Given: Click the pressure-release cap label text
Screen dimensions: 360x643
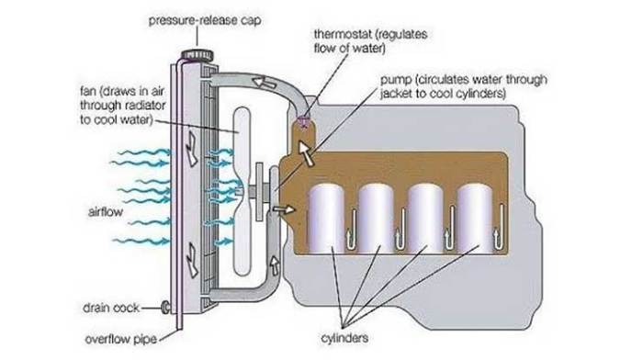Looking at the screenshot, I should click(195, 17).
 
